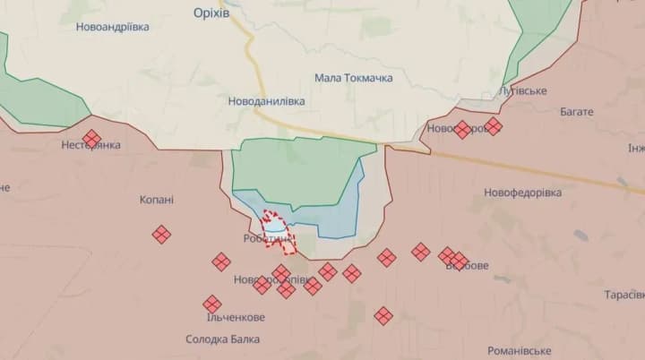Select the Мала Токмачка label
(x=354, y=79)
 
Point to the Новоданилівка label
(x=266, y=101)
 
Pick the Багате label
(x=576, y=112)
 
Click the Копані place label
(x=157, y=200)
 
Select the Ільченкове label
(x=235, y=318)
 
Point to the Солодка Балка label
(x=223, y=339)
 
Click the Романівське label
(x=520, y=351)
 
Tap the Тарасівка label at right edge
(x=624, y=295)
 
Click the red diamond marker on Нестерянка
(x=91, y=139)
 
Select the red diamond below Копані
(x=161, y=235)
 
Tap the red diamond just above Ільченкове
(x=212, y=304)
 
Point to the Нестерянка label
(x=90, y=146)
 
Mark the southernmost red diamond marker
(x=383, y=315)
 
